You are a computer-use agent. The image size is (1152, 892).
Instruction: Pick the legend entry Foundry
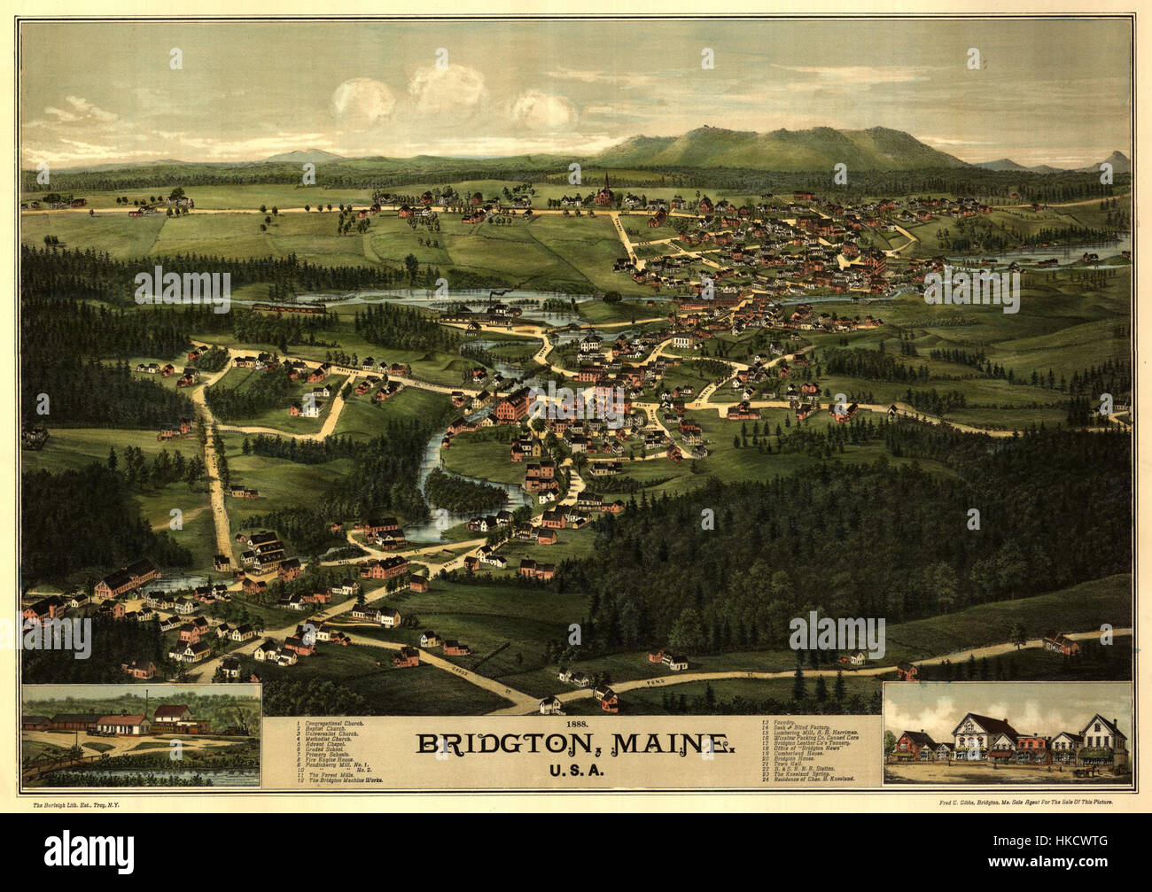pyautogui.click(x=792, y=724)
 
